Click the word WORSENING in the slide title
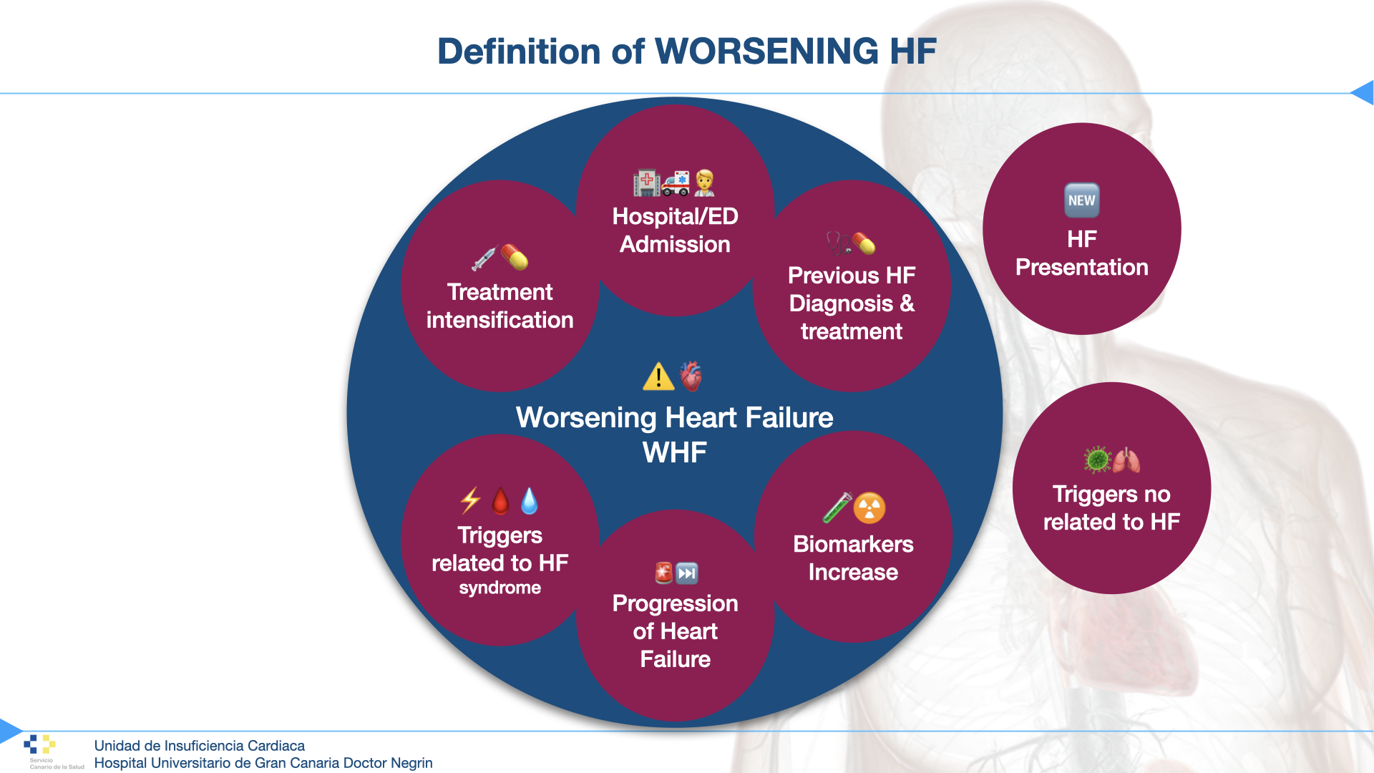point(766,52)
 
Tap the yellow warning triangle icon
point(658,376)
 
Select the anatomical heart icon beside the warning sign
point(691,376)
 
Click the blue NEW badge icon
point(1081,200)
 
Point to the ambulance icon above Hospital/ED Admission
point(676,183)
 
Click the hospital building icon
point(646,183)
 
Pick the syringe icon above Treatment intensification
point(484,258)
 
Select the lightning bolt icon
point(470,501)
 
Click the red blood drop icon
point(500,501)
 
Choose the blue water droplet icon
point(530,501)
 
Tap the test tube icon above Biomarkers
point(837,508)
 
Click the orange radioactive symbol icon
point(869,508)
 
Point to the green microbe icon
point(1096,460)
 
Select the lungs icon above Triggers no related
point(1126,460)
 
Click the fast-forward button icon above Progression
point(687,573)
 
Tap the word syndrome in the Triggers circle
point(500,588)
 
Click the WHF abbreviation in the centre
point(674,452)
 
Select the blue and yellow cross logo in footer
point(39,744)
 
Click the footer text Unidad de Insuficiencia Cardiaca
point(199,746)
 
